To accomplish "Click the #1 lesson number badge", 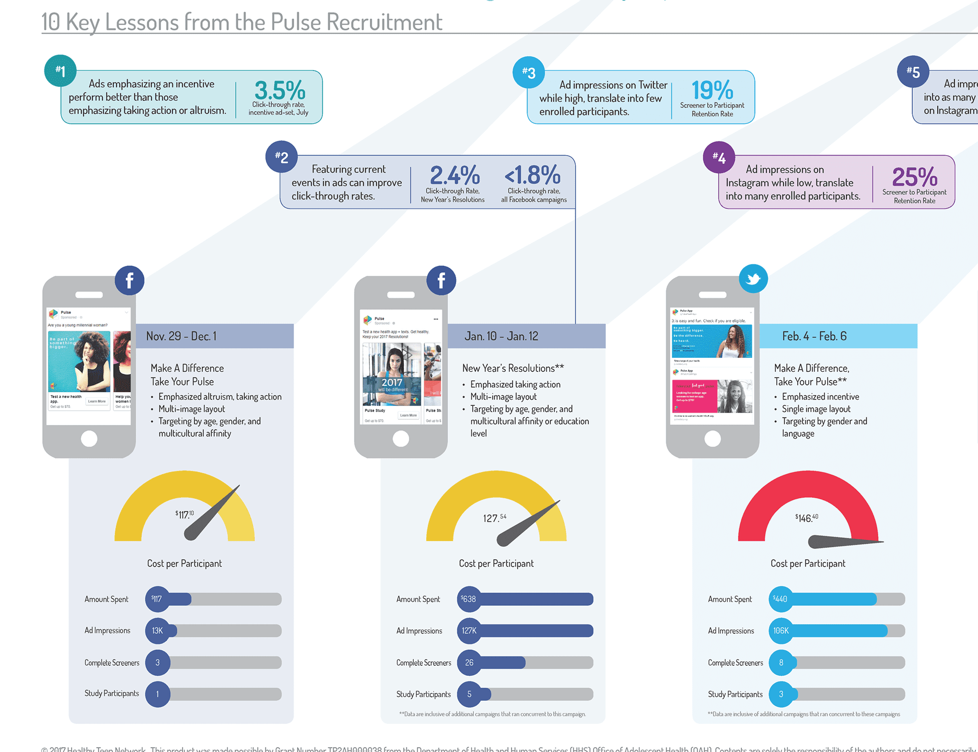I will coord(61,71).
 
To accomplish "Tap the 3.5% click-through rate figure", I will coord(280,90).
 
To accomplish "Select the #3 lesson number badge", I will coord(529,73).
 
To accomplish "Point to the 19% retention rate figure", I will coord(712,90).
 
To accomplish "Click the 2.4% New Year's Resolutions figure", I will coord(455,175).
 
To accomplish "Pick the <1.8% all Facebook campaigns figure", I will coord(532,175).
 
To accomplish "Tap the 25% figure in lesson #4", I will coord(914,177).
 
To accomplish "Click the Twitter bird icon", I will coord(753,279).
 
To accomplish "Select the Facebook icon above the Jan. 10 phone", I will coord(441,280).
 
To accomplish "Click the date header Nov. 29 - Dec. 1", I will coord(181,336).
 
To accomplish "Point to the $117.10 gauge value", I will coord(184,515).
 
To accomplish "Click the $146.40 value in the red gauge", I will coord(807,518).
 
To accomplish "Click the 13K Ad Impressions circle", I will coord(158,631).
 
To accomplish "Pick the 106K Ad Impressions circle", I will coord(781,631).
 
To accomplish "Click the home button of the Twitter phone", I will coord(713,439).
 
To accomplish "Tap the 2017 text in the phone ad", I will coord(392,382).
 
